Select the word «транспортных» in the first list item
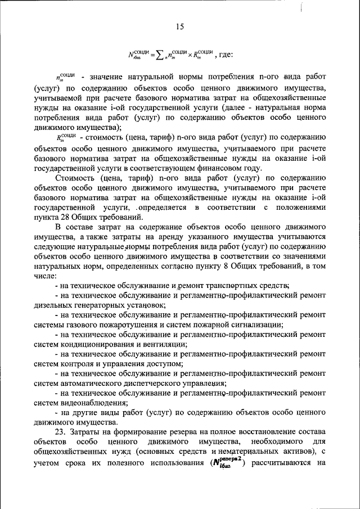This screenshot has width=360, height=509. click(x=234, y=286)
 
